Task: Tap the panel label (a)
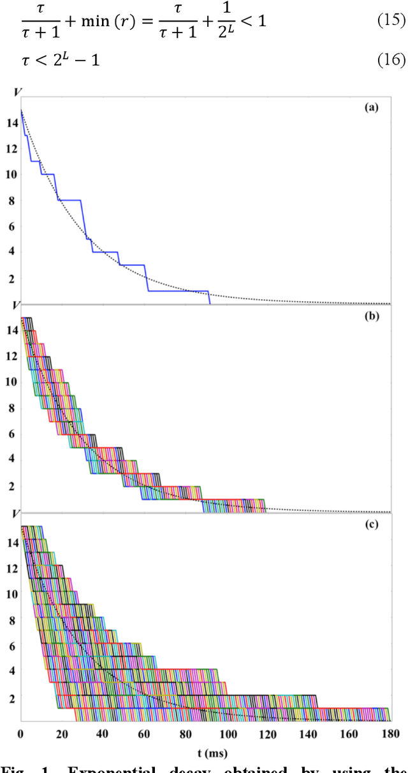tap(372, 108)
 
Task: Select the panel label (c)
tap(372, 525)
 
